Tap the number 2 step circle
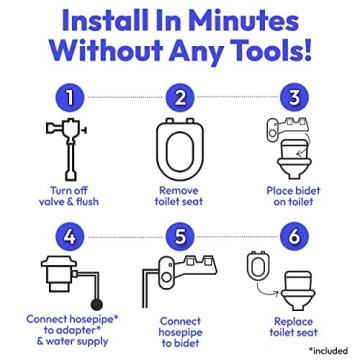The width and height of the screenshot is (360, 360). pos(179,98)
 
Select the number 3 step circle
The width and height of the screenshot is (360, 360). pos(294,98)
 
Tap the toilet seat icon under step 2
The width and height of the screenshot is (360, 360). pos(179,147)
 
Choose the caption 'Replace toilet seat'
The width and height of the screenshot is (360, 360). pos(294,328)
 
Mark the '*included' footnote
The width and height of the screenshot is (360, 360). pos(327,351)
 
